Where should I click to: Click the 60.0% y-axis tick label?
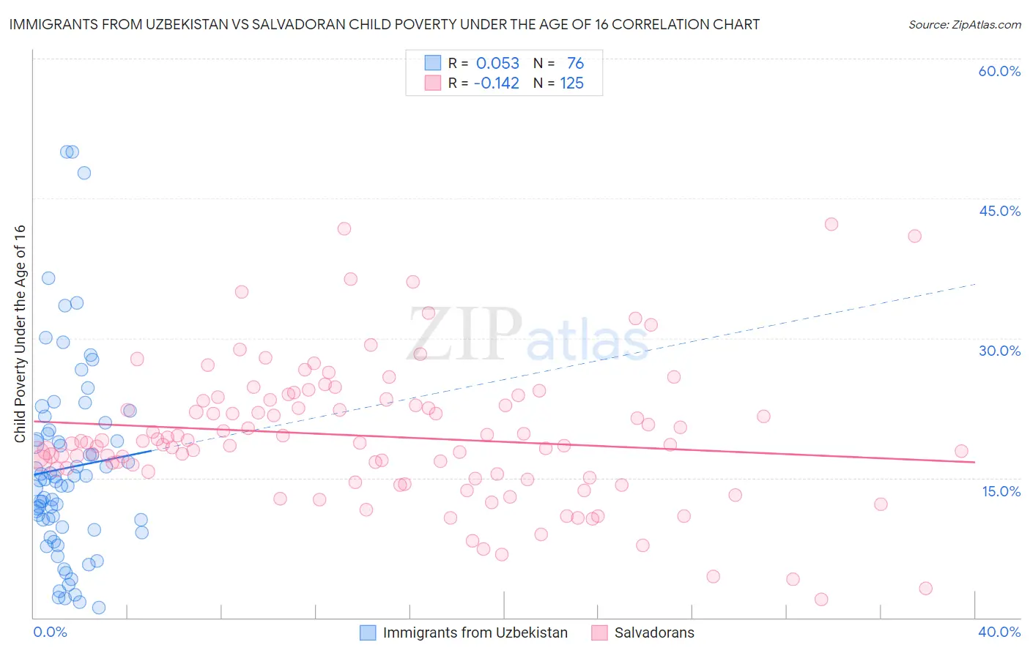pyautogui.click(x=999, y=71)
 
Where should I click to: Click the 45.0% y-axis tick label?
pyautogui.click(x=999, y=211)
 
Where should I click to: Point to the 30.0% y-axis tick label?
pyautogui.click(x=999, y=351)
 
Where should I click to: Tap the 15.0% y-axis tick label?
pyautogui.click(x=1001, y=491)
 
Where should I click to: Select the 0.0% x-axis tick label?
pyautogui.click(x=50, y=632)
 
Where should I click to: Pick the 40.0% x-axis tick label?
pyautogui.click(x=998, y=632)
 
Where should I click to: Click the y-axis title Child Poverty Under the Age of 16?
pyautogui.click(x=20, y=333)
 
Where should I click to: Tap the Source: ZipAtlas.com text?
pyautogui.click(x=964, y=25)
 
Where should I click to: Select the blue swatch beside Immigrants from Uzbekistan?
pyautogui.click(x=368, y=633)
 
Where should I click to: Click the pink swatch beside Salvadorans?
pyautogui.click(x=599, y=633)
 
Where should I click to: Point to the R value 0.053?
pyautogui.click(x=497, y=64)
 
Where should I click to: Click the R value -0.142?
pyautogui.click(x=496, y=83)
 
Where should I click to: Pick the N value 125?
pyautogui.click(x=571, y=83)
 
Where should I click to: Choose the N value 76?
pyautogui.click(x=575, y=64)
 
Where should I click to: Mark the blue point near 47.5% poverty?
pyautogui.click(x=84, y=173)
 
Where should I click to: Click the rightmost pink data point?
pyautogui.click(x=961, y=451)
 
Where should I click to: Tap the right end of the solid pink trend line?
pyautogui.click(x=974, y=462)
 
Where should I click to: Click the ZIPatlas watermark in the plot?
pyautogui.click(x=527, y=333)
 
